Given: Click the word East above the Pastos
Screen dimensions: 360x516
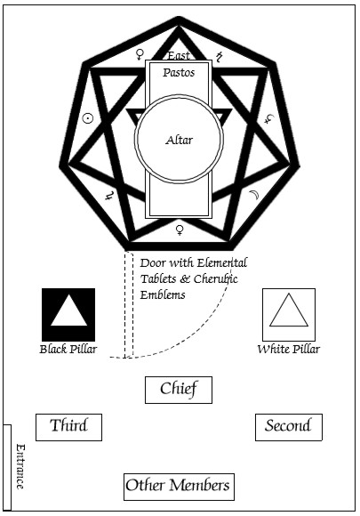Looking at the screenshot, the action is pos(179,56).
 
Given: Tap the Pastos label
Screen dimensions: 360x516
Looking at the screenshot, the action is pos(179,72).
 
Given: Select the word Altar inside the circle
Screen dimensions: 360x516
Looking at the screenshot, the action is pos(180,141).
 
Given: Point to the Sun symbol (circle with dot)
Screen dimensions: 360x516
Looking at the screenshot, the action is pos(88,118).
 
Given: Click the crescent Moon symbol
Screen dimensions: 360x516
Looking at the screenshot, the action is pos(254,195).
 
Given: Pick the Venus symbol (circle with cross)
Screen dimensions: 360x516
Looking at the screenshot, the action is pos(180,230).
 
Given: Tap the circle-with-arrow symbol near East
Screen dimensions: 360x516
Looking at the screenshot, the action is pos(140,54).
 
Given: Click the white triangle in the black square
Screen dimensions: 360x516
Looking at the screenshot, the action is pos(68,310).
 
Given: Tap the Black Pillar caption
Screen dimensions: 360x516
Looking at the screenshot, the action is pos(68,349).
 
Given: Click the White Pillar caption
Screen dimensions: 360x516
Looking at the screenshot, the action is pos(289,349).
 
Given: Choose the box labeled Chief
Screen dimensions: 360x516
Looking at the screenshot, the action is pos(179,390).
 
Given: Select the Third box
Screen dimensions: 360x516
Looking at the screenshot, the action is pos(68,427).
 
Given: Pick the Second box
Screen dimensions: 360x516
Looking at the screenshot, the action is pos(289,427).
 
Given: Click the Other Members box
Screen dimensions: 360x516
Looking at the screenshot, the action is pos(179,487).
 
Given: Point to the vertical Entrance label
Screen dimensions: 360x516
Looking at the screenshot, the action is pos(20,466).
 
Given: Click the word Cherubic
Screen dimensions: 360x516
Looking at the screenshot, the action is pos(215,279).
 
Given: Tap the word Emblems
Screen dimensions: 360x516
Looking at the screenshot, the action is pos(163,294).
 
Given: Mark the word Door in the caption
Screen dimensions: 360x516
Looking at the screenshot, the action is pos(152,263).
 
